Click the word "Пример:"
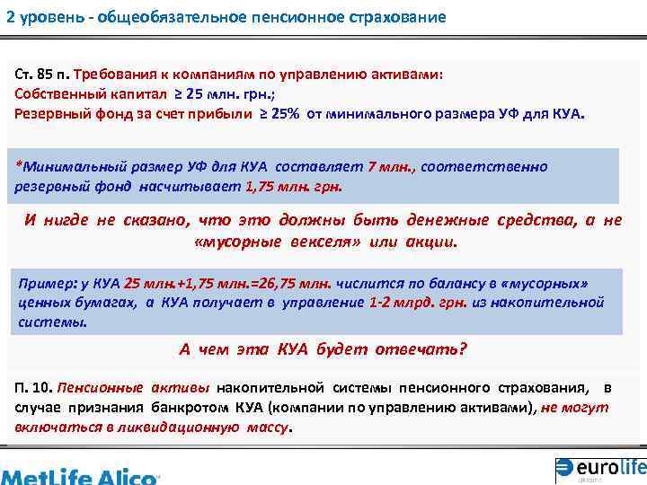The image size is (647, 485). click(44, 283)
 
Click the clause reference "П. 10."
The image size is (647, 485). click(33, 388)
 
